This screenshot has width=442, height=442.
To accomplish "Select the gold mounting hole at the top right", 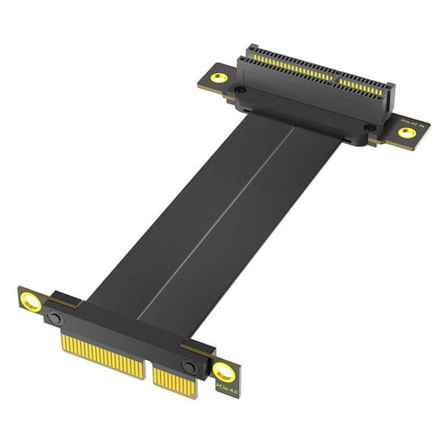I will click(x=407, y=133).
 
